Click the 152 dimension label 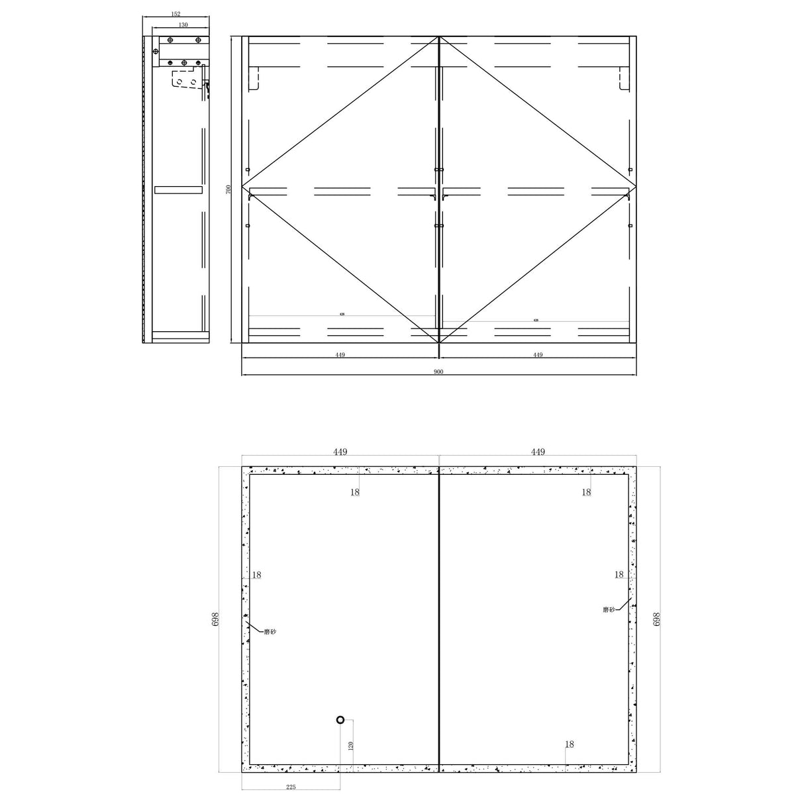coord(176,14)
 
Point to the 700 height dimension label coord(228,189)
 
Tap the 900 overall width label coord(438,372)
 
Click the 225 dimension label coord(291,787)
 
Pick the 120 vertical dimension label coord(351,745)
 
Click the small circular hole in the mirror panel coord(340,720)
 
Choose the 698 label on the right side coord(657,619)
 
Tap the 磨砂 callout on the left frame coord(270,632)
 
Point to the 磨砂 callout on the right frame coord(609,609)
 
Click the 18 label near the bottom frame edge coord(570,744)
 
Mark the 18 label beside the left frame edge coord(256,575)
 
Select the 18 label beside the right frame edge coord(619,575)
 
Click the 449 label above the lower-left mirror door coord(340,452)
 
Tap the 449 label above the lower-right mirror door coord(538,452)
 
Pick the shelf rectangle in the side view coord(178,190)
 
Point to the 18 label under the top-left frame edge coord(356,492)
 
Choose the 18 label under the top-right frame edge coord(586,492)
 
